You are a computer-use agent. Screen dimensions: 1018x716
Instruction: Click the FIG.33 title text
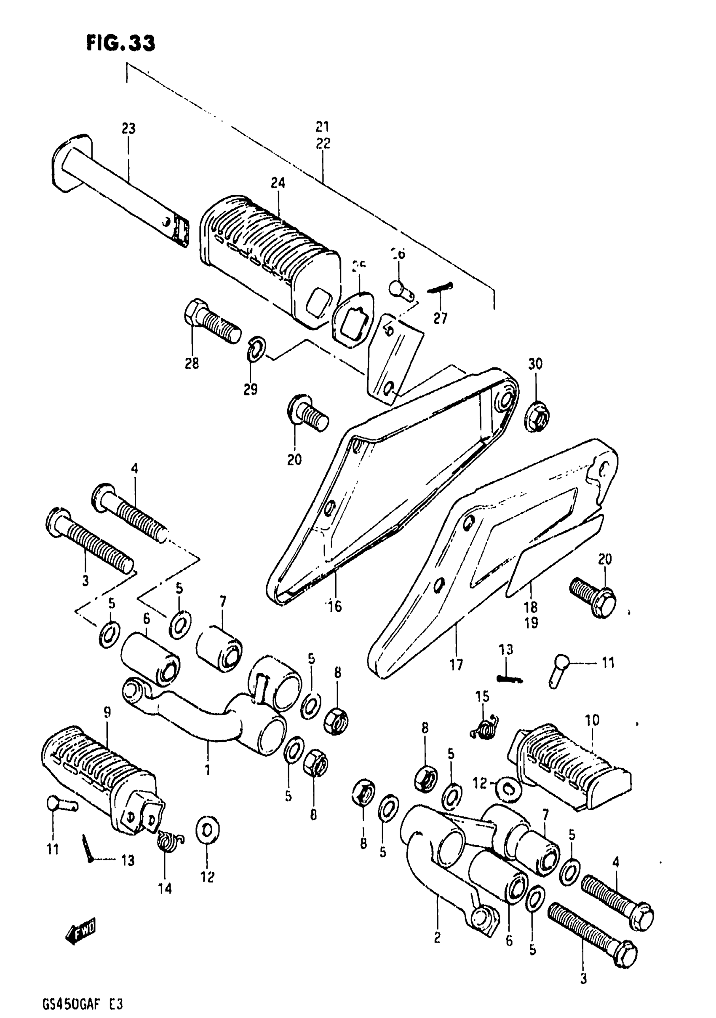(x=120, y=44)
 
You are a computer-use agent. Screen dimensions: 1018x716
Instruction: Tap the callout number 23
(x=128, y=129)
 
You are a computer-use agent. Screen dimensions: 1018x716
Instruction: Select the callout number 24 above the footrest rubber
(x=278, y=183)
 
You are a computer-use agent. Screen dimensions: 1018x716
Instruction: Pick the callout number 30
(x=535, y=364)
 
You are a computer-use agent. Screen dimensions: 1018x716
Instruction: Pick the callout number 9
(x=108, y=712)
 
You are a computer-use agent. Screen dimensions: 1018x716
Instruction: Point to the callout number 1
(x=207, y=768)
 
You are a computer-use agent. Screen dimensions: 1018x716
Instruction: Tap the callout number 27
(x=441, y=318)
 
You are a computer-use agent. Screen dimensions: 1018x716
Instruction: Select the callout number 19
(x=531, y=623)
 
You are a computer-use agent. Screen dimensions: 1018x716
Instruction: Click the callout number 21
(x=323, y=127)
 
